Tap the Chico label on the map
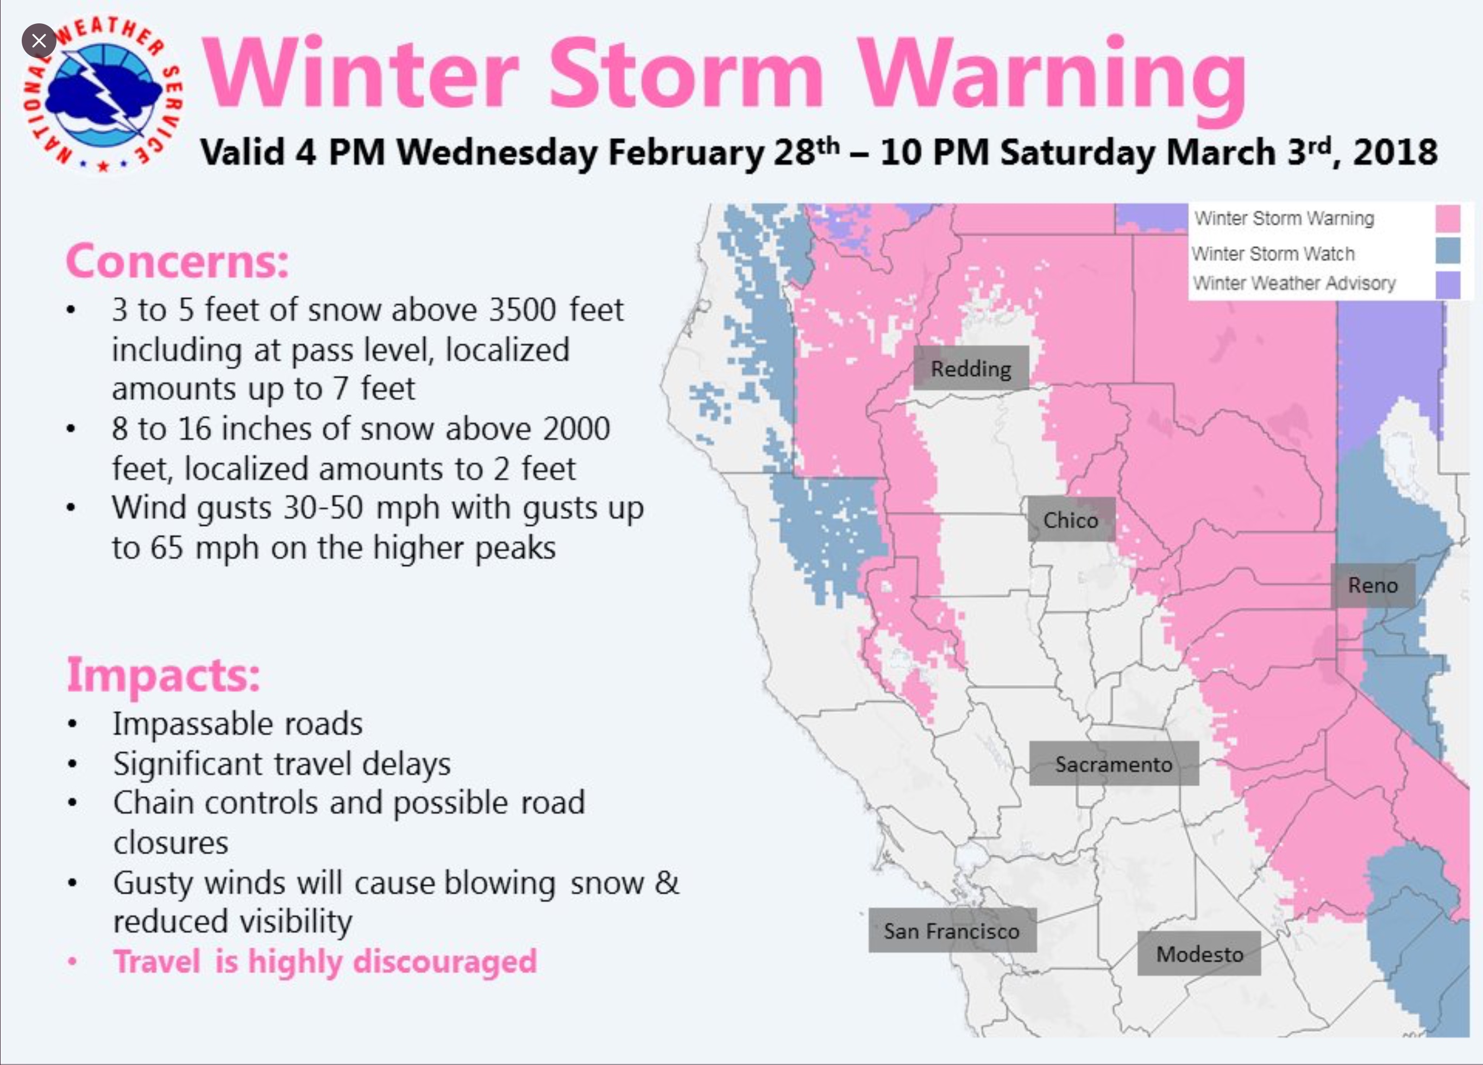pyautogui.click(x=1070, y=520)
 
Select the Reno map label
pyautogui.click(x=1373, y=585)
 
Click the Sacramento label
pyautogui.click(x=1114, y=764)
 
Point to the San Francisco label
pyautogui.click(x=951, y=930)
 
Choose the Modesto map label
pyautogui.click(x=1199, y=954)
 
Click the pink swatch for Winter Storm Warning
pyautogui.click(x=1448, y=218)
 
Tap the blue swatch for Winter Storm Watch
pyautogui.click(x=1448, y=251)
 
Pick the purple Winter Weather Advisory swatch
pyautogui.click(x=1448, y=285)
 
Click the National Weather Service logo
pyautogui.click(x=103, y=95)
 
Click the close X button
pyautogui.click(x=39, y=41)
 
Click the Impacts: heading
pyautogui.click(x=164, y=675)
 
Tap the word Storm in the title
pyautogui.click(x=685, y=73)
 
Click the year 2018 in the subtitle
pyautogui.click(x=1395, y=152)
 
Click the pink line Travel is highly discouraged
pyautogui.click(x=325, y=962)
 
